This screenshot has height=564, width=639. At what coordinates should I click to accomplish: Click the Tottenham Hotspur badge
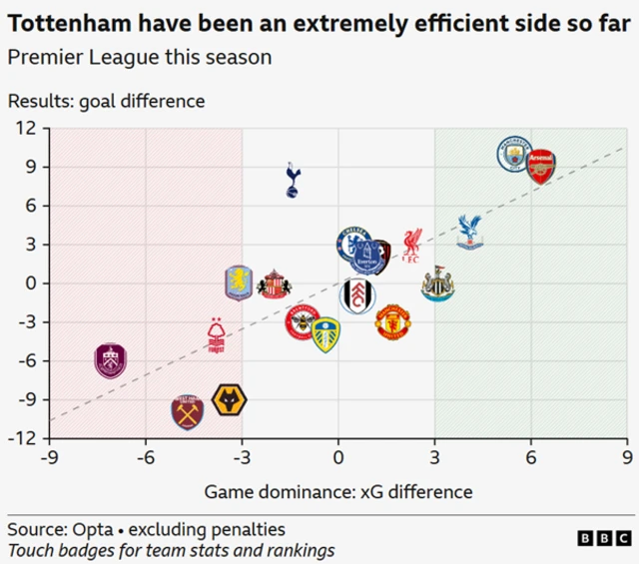(x=293, y=179)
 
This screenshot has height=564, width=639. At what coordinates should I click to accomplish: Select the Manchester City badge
(x=516, y=156)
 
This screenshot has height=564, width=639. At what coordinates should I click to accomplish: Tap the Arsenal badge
(x=540, y=166)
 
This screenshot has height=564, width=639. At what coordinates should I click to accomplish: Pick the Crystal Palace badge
(x=468, y=231)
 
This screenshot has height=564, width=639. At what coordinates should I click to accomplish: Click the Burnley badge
(x=111, y=359)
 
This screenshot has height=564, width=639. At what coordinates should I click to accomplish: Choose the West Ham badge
(x=187, y=411)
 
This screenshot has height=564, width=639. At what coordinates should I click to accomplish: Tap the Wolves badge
(x=230, y=401)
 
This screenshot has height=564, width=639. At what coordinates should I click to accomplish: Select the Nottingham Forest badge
(x=216, y=335)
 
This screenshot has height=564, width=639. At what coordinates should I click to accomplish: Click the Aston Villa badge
(x=240, y=283)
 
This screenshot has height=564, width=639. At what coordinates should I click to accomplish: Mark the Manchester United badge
(x=392, y=322)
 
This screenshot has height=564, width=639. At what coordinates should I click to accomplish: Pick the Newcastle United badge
(x=437, y=283)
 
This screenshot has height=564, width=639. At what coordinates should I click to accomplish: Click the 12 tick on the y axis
(x=25, y=128)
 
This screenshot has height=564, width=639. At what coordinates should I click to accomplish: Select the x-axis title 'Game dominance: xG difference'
(x=338, y=491)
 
